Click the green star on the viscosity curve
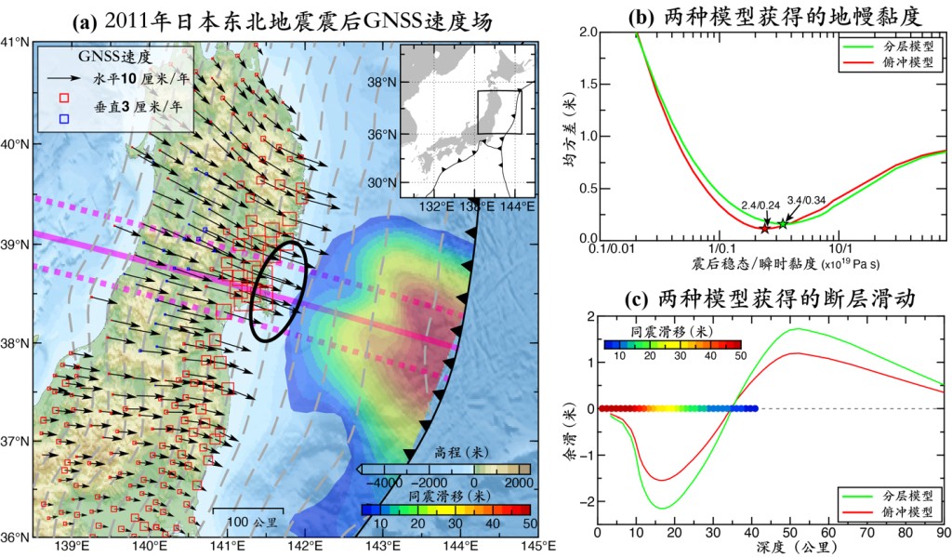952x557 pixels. click(783, 223)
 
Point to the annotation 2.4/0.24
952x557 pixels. click(758, 205)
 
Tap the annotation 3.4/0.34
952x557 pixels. click(805, 200)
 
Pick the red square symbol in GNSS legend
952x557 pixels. click(63, 97)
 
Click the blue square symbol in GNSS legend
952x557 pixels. click(63, 118)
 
